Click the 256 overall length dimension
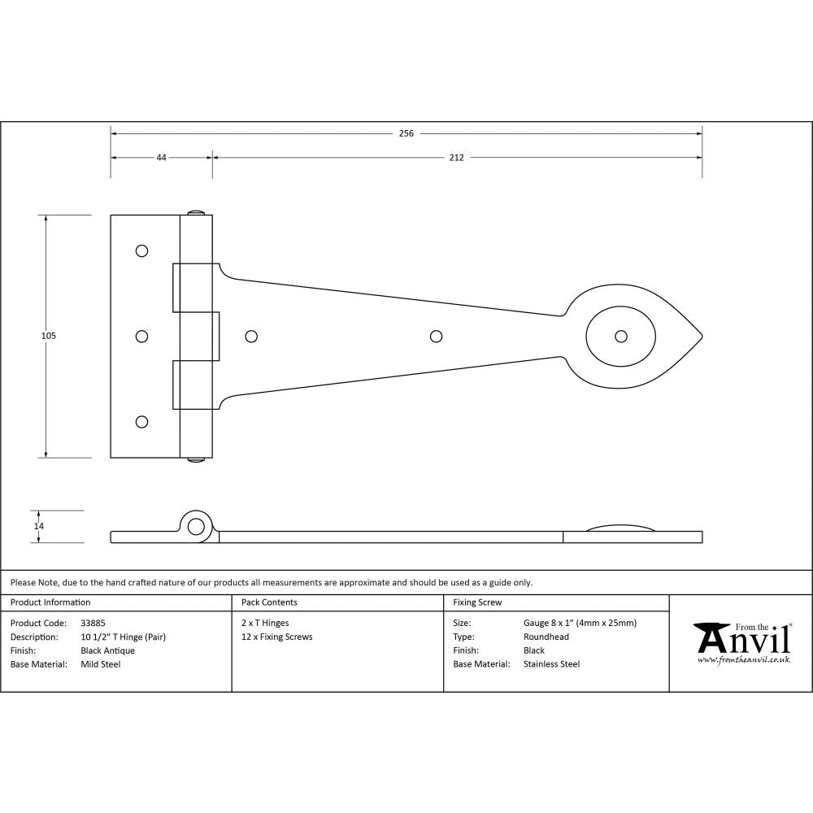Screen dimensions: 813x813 (406, 133)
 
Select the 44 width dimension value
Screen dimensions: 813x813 (161, 158)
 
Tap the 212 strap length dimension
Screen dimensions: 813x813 (456, 158)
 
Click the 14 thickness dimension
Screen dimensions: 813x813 (38, 526)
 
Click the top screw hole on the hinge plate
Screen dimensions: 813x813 (142, 250)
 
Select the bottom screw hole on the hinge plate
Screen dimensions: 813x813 (142, 421)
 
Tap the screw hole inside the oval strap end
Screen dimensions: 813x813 (621, 336)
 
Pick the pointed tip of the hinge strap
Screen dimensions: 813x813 (701, 336)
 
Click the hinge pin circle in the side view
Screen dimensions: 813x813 (195, 526)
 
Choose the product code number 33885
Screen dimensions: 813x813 (93, 624)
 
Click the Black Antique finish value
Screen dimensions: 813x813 (108, 650)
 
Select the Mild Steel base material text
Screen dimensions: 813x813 (101, 664)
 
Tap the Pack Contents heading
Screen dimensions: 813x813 (269, 602)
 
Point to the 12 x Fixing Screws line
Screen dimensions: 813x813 (276, 637)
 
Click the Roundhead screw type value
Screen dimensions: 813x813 (546, 637)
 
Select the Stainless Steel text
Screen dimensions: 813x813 (551, 664)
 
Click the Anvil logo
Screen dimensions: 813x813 (742, 639)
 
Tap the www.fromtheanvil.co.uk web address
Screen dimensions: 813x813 (743, 660)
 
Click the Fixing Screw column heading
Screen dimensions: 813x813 (477, 602)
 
